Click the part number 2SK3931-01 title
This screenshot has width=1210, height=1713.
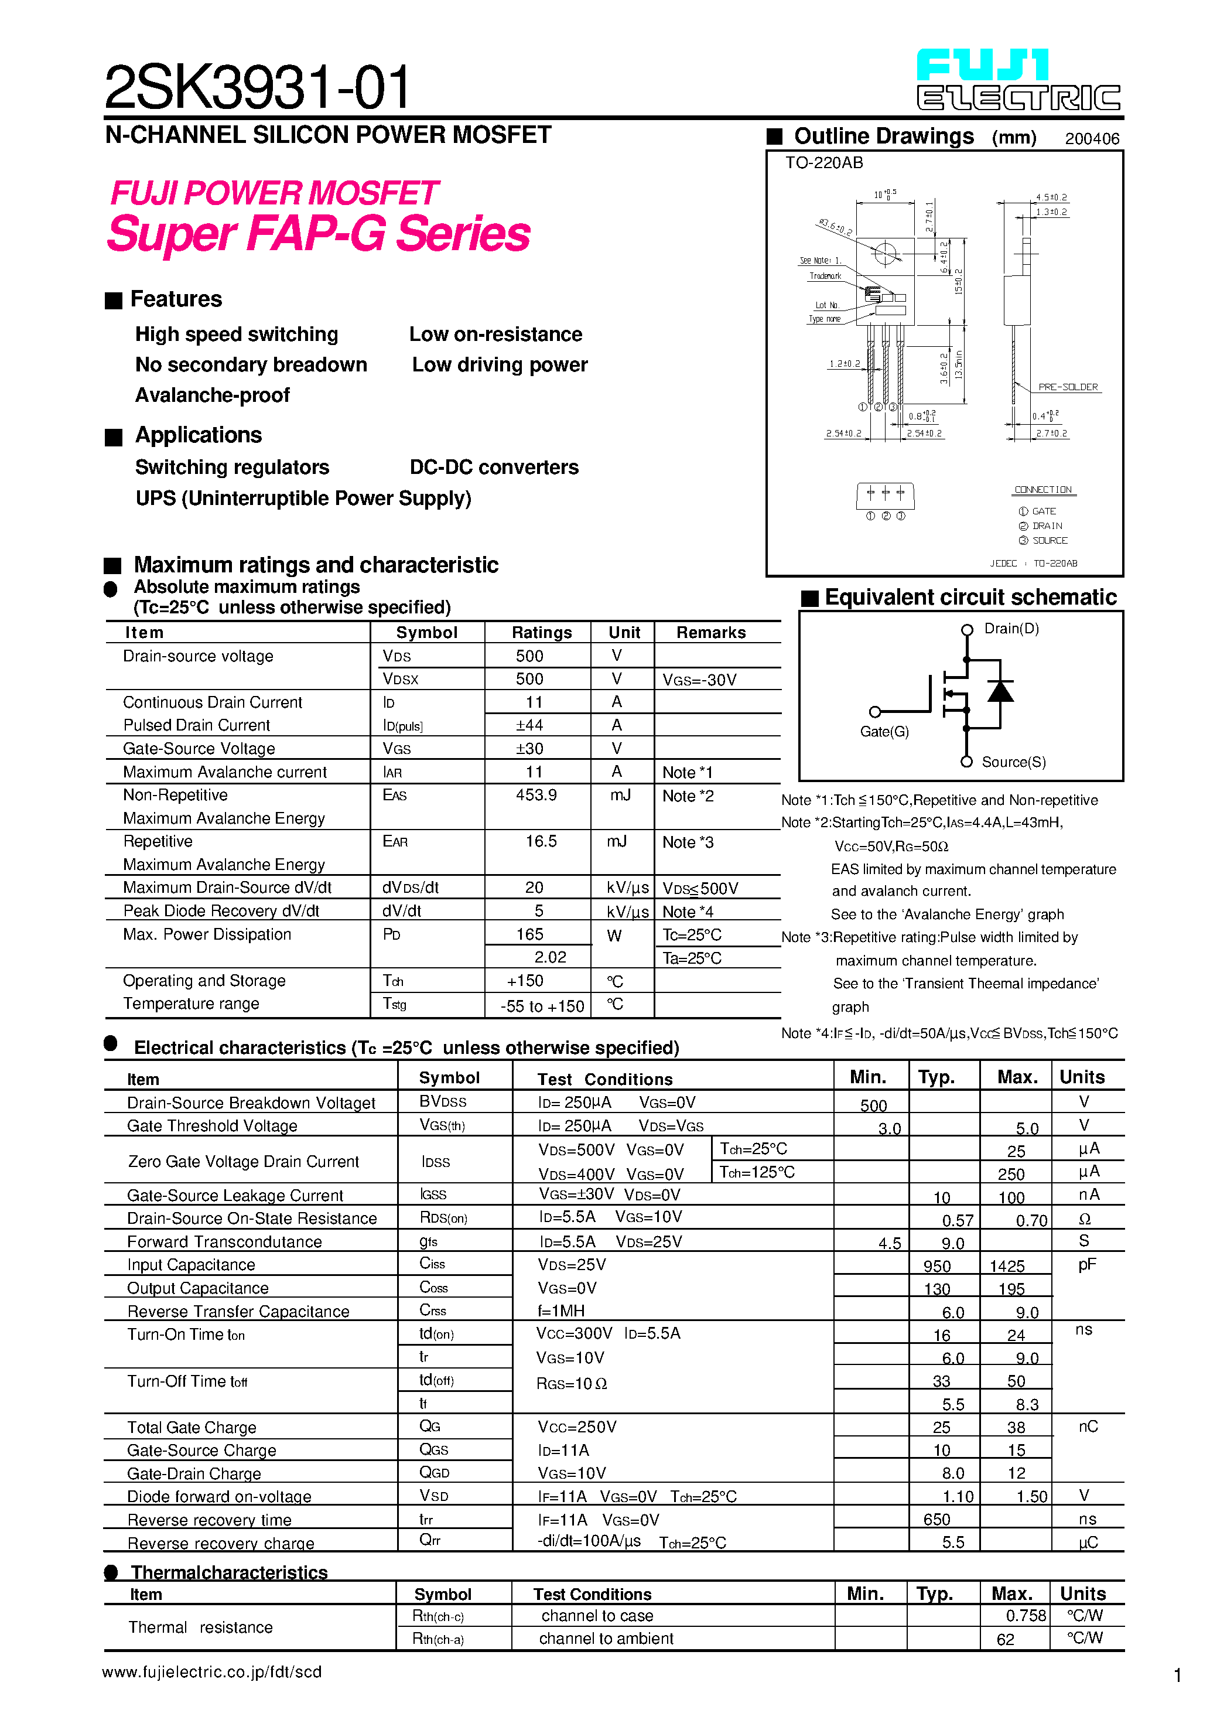(257, 87)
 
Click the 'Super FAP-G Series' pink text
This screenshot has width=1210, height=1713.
(319, 234)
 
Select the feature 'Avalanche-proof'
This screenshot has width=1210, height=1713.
(212, 395)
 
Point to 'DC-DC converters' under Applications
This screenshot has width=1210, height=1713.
(494, 467)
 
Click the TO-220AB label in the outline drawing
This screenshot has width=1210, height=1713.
(823, 163)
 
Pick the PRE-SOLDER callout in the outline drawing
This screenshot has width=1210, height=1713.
(1068, 387)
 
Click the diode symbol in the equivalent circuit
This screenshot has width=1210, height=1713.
(1000, 692)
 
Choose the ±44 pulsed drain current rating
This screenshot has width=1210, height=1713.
(529, 725)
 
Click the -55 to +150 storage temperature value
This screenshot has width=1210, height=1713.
(542, 1006)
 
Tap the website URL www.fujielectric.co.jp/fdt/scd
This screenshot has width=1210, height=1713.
(212, 1672)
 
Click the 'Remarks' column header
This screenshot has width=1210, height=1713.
(710, 632)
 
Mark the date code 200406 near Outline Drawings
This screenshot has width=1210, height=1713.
(1091, 139)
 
